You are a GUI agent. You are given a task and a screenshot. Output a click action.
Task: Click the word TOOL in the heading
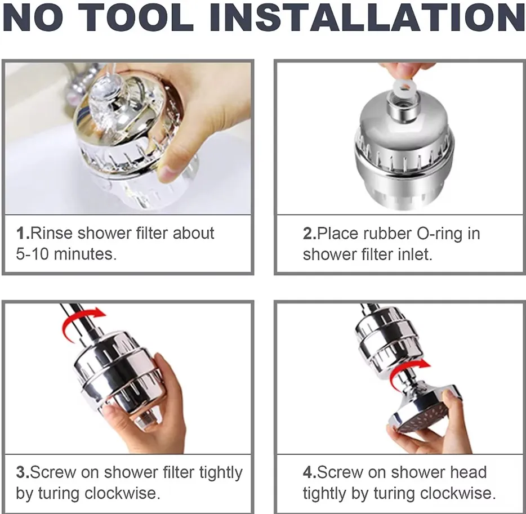tap(136, 17)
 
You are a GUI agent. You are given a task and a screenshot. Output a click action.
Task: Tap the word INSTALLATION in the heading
tap(368, 17)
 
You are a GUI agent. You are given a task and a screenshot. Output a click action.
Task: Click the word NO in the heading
tap(33, 17)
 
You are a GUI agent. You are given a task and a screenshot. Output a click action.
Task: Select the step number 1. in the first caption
tap(23, 234)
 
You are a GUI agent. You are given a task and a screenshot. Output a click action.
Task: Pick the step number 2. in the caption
tap(310, 234)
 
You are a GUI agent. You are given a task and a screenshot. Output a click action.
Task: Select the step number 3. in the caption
tap(23, 472)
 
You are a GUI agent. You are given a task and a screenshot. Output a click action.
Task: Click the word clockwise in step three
tap(122, 493)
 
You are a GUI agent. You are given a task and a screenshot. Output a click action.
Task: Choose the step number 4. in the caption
tap(310, 472)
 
